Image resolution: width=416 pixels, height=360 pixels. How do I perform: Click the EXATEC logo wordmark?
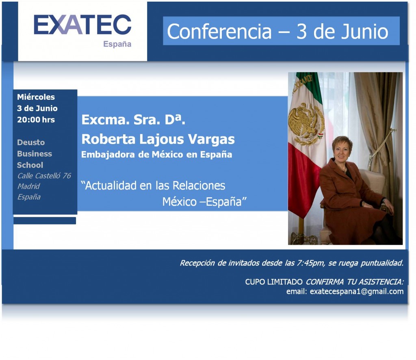(x=82, y=25)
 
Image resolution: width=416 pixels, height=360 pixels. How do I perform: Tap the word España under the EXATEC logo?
(x=117, y=44)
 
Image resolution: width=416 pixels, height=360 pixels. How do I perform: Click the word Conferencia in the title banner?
(x=219, y=32)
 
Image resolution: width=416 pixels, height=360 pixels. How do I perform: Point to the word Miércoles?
(x=36, y=97)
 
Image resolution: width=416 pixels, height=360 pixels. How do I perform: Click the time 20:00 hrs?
(x=36, y=120)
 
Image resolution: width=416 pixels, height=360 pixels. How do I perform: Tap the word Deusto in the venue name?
(x=31, y=142)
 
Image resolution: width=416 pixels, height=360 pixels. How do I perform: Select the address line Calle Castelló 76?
(x=44, y=176)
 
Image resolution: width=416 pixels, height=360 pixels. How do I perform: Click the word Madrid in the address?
(x=28, y=186)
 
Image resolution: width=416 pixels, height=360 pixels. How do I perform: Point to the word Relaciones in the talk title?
(x=199, y=186)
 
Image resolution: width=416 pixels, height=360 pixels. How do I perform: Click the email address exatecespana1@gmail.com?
(x=357, y=291)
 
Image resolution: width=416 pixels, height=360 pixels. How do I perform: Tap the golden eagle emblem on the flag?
(x=305, y=122)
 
